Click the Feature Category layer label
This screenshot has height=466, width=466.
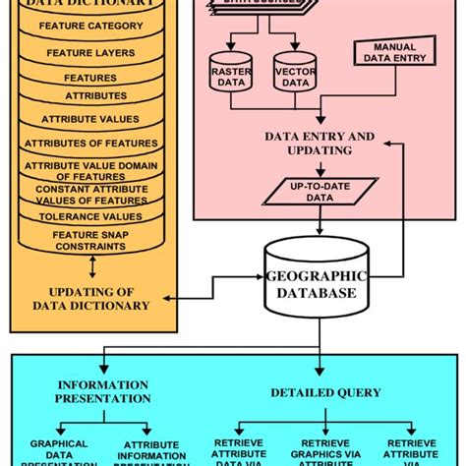coord(89,26)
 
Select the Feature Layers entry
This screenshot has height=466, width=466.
coord(89,52)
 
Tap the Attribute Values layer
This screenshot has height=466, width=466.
coord(89,118)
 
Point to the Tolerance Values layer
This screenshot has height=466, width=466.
coord(89,216)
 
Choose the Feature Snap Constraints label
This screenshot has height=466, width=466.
coord(89,241)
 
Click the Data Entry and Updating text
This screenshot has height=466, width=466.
coord(320,143)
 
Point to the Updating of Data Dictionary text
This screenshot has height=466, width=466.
coord(92,298)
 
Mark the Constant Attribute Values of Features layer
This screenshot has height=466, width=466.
coord(89,194)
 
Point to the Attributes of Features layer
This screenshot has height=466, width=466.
coord(89,143)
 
